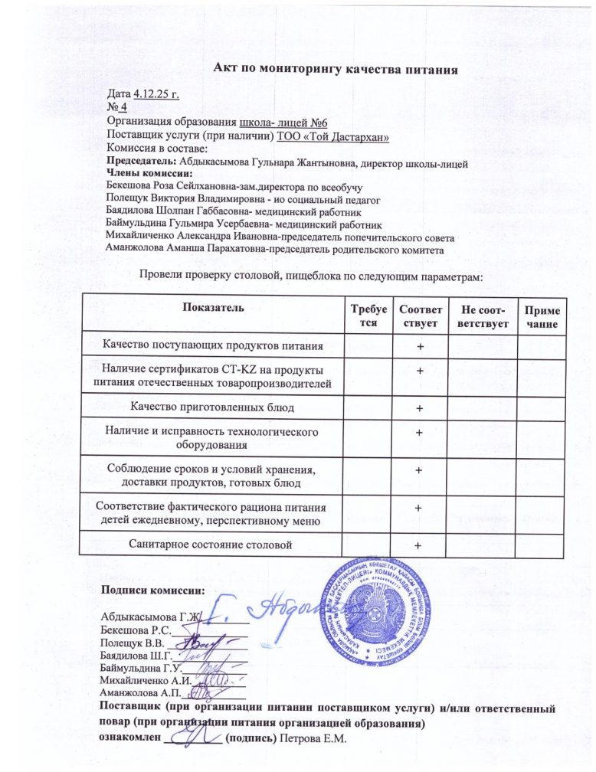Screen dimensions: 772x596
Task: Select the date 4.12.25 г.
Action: (x=156, y=94)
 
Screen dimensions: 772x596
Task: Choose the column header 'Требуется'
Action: (x=367, y=316)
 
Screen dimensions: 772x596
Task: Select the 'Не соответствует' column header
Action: (x=479, y=316)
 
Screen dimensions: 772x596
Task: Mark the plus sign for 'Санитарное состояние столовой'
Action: (x=418, y=545)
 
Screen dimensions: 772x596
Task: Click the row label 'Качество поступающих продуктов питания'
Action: (x=213, y=345)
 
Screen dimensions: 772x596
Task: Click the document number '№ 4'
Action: (x=116, y=108)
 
